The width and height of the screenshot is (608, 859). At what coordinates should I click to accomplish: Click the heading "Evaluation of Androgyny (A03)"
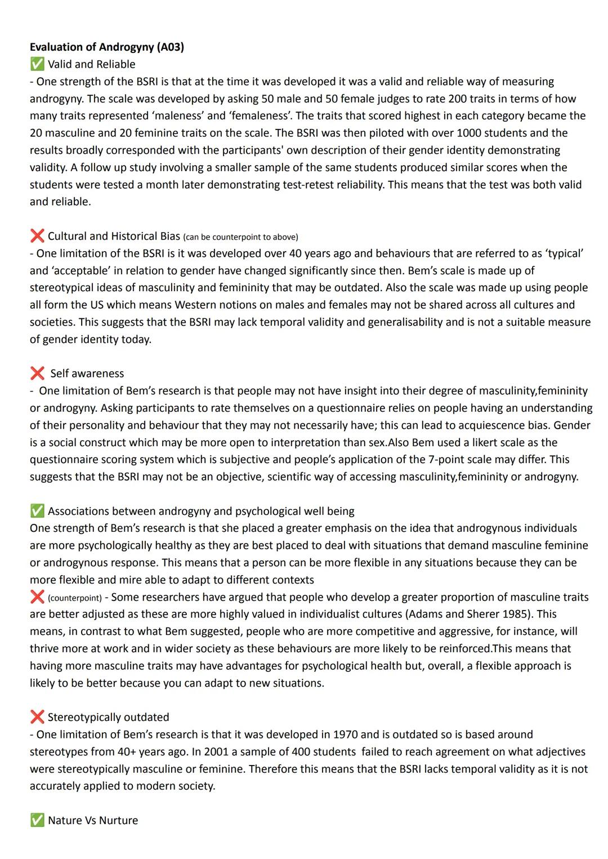(x=107, y=47)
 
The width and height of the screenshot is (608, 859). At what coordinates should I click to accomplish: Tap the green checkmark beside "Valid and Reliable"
(x=37, y=64)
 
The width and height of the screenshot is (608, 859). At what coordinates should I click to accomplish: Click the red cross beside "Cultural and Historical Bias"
(x=37, y=236)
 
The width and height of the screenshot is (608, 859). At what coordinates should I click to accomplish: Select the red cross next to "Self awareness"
(x=37, y=373)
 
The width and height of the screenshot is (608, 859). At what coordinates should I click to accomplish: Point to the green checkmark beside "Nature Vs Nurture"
(x=37, y=820)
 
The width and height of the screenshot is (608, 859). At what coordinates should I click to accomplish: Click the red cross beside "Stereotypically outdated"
(x=37, y=717)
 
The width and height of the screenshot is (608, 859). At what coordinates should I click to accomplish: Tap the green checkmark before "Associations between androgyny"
(x=37, y=511)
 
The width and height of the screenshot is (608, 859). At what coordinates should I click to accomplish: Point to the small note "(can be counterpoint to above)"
(x=240, y=237)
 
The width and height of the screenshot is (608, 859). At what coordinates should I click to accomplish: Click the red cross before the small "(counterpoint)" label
(x=37, y=597)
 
